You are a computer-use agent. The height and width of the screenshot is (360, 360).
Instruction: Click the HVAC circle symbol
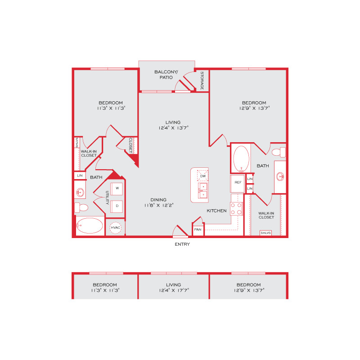click(116, 228)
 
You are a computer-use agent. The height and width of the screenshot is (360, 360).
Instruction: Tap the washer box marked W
click(117, 189)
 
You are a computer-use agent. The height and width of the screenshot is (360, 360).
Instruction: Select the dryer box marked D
click(117, 206)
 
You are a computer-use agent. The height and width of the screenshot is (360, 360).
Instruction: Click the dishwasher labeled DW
click(203, 175)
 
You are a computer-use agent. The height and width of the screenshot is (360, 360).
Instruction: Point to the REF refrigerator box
click(238, 184)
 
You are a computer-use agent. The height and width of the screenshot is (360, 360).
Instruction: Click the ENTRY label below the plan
click(182, 244)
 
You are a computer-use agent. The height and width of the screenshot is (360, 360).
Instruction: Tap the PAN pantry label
click(198, 229)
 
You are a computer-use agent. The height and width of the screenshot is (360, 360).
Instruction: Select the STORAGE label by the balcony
click(202, 81)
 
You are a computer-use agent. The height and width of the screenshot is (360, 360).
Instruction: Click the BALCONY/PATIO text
click(166, 75)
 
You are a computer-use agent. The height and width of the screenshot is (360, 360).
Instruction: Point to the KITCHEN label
click(216, 211)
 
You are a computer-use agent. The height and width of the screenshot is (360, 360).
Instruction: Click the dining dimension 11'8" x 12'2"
click(159, 205)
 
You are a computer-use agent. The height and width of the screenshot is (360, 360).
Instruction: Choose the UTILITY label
click(107, 198)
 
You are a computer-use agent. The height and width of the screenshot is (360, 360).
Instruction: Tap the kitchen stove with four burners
click(237, 209)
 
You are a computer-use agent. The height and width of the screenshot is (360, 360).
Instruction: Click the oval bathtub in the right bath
click(241, 159)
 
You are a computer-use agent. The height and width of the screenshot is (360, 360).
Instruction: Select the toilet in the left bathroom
click(81, 207)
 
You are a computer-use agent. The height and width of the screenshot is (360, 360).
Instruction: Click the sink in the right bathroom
click(280, 176)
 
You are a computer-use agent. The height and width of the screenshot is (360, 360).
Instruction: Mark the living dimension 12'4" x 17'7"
click(174, 290)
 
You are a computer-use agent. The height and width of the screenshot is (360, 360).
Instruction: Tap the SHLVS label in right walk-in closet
click(265, 233)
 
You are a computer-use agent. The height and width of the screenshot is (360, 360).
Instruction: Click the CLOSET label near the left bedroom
click(130, 145)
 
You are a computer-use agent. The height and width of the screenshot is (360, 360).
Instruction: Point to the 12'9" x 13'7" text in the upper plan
click(254, 108)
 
